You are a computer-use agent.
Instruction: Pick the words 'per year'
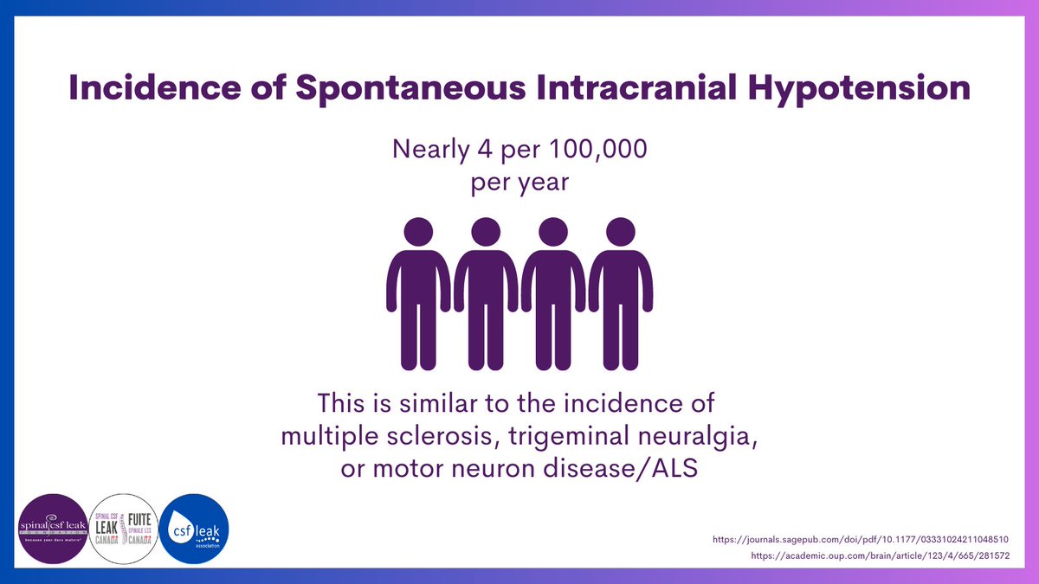pos(519,183)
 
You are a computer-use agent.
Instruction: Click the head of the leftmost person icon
pos(418,231)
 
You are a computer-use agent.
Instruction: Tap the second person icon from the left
pos(486,294)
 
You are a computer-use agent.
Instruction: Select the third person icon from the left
pos(552,294)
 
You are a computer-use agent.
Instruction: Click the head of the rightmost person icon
pos(620,231)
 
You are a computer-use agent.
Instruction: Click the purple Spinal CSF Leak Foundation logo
pos(53,529)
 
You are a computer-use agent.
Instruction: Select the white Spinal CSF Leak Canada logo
pos(124,529)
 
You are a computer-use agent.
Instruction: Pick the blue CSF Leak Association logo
pos(195,529)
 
